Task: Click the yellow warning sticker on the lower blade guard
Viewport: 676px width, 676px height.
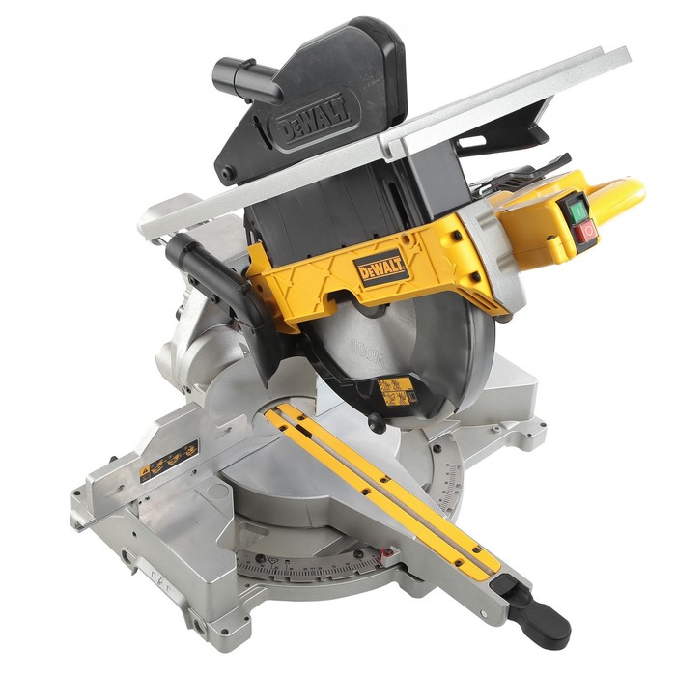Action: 395,390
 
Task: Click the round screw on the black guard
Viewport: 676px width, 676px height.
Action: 228,175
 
